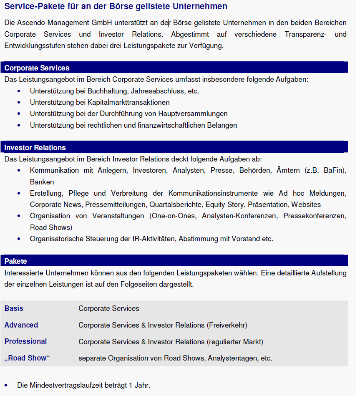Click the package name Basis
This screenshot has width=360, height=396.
pos(14,308)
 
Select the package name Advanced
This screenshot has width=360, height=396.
pos(21,325)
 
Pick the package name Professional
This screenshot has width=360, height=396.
pos(25,341)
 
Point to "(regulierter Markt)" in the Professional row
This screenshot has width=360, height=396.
pos(235,342)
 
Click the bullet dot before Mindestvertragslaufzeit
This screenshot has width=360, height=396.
pos(6,385)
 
